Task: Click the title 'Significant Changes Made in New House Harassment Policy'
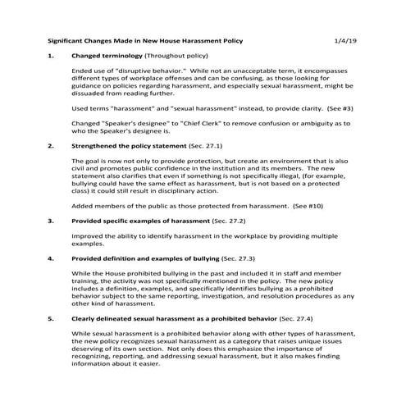145,39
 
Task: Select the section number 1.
52,56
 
